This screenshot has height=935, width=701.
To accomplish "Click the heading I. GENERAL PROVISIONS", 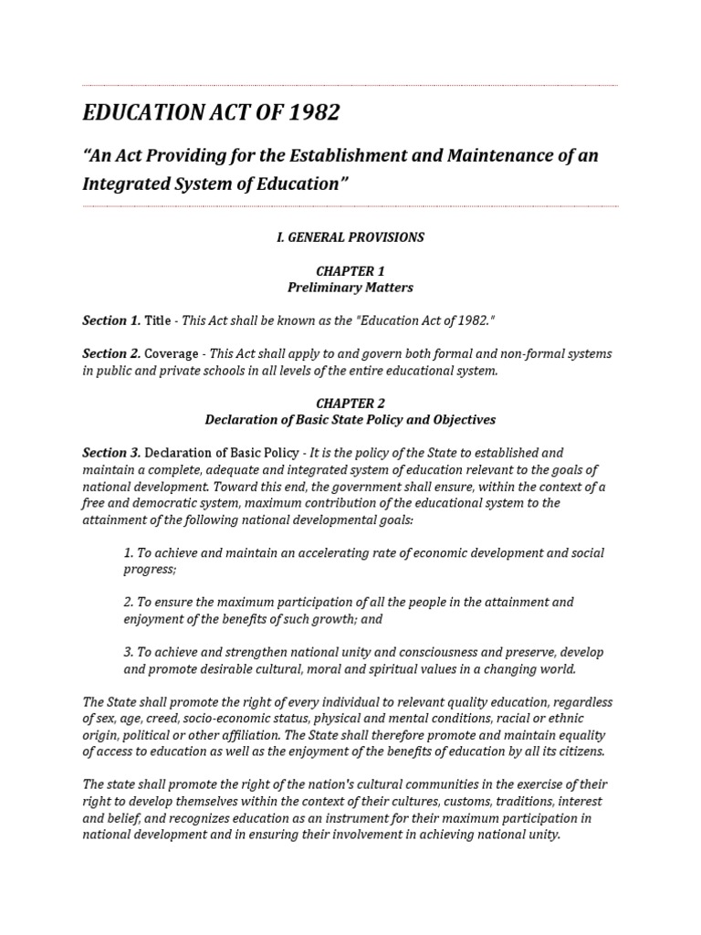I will click(x=350, y=237).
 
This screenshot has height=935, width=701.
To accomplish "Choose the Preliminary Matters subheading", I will click(x=350, y=288).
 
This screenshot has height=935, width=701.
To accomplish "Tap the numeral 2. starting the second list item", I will click(x=129, y=603).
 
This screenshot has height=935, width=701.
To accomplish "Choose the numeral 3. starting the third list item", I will click(x=129, y=653).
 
